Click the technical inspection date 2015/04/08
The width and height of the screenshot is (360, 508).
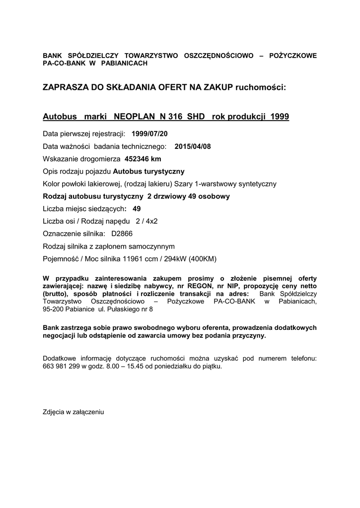point(194,146)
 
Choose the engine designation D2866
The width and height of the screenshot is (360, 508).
point(122,234)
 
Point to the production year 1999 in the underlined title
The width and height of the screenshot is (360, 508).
point(280,117)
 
